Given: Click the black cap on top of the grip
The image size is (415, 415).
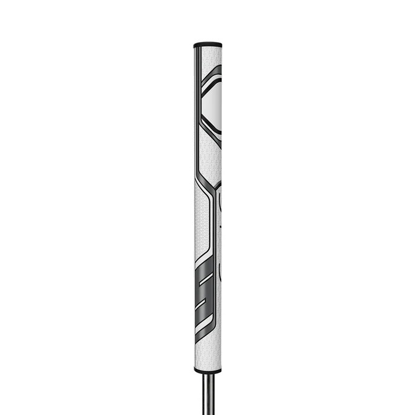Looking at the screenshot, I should point(207,44).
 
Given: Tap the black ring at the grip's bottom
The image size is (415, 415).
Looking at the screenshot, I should point(207,370).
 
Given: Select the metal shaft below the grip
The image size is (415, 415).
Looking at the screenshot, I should point(207,391).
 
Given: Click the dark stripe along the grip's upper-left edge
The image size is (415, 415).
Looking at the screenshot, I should point(196,107).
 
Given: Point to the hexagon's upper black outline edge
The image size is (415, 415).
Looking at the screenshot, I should point(212,74).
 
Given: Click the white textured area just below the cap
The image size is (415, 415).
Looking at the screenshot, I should point(207,56).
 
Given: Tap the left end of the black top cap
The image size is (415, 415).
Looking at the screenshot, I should point(195,44).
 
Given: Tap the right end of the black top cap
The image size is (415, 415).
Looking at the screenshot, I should point(220,44).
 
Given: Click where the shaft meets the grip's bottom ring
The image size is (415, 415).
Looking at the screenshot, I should point(207,374).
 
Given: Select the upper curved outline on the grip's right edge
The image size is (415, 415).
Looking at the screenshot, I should point(219,202).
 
